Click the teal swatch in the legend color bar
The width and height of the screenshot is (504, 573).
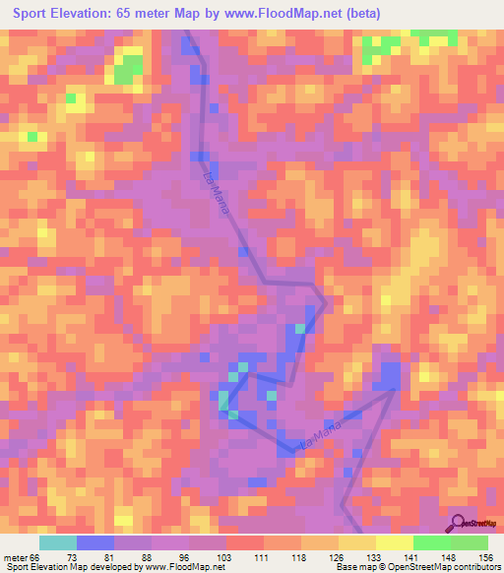(57, 543)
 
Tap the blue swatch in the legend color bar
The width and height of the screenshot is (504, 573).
(94, 543)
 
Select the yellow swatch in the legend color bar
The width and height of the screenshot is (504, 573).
(394, 543)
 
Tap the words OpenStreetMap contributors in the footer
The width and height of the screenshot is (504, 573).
(448, 567)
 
